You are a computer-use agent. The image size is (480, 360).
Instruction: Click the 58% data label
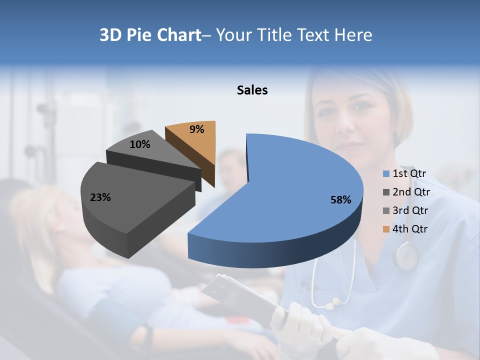pos(340,200)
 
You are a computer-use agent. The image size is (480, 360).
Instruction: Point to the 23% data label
pos(100,197)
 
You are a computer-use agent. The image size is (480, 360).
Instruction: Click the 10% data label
pos(139,144)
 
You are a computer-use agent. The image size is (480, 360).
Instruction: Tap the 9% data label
pos(197,129)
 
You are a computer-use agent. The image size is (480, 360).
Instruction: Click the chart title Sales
pos(252,90)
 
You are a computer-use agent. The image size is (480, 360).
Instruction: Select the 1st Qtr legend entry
pos(409,173)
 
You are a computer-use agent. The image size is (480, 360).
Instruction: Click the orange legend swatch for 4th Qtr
pos(386,229)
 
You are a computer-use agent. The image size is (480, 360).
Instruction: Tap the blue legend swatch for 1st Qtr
pos(386,174)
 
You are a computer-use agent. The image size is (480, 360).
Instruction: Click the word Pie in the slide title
pos(140,35)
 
